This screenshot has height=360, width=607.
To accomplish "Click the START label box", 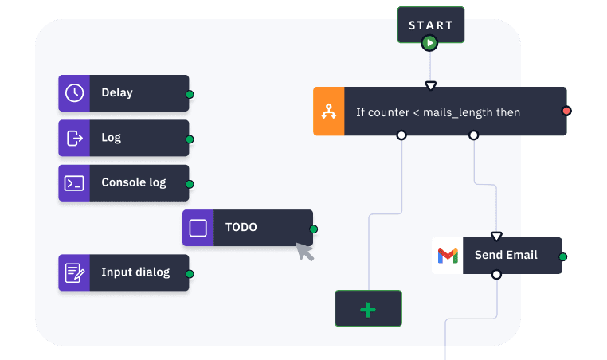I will (430, 25).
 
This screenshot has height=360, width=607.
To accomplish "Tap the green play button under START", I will (430, 43).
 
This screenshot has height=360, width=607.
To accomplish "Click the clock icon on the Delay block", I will (74, 92).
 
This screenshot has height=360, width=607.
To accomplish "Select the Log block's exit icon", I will (74, 138).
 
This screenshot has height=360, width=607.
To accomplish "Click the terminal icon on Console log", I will (74, 182).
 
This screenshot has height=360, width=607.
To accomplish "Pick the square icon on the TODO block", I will (198, 228).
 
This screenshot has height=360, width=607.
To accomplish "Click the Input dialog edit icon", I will (74, 272).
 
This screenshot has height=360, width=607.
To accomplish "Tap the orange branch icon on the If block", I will (329, 112).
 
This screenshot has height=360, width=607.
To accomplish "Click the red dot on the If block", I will (566, 111).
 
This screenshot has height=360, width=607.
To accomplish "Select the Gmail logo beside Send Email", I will (448, 256).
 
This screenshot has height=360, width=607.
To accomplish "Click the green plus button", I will (368, 309).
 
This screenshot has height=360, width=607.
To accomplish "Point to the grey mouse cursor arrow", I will (304, 251).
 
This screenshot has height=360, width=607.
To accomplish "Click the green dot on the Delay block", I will (190, 95).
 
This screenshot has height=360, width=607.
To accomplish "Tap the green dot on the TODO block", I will (313, 229).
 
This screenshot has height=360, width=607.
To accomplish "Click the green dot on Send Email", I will (563, 257).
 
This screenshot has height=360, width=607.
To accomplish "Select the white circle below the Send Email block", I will (496, 275).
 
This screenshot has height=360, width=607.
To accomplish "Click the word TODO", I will (241, 227).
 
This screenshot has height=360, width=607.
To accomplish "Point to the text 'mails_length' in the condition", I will (457, 112).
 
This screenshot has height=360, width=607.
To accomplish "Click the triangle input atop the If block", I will (431, 85).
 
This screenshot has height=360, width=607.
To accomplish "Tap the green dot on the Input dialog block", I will (190, 275).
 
